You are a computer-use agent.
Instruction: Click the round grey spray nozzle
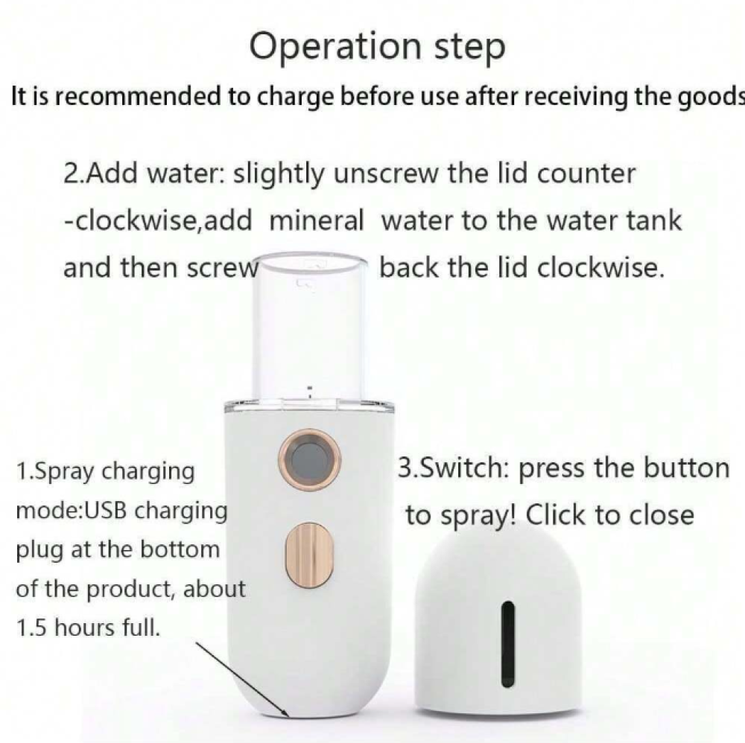309,460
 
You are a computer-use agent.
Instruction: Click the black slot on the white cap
508,643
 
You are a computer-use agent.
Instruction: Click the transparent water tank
310,328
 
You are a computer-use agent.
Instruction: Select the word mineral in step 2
317,220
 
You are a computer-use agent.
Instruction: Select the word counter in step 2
586,173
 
